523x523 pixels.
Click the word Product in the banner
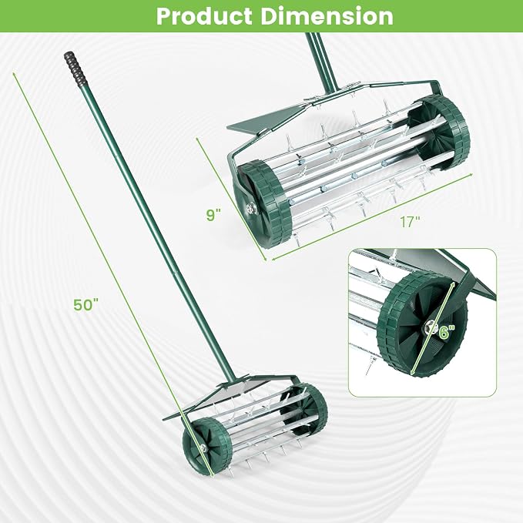204,16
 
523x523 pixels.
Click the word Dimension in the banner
327,16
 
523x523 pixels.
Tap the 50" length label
86,304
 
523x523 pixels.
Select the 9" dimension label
213,214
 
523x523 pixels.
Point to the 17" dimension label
410,222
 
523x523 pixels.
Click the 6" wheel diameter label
447,332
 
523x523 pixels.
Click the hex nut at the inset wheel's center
431,327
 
